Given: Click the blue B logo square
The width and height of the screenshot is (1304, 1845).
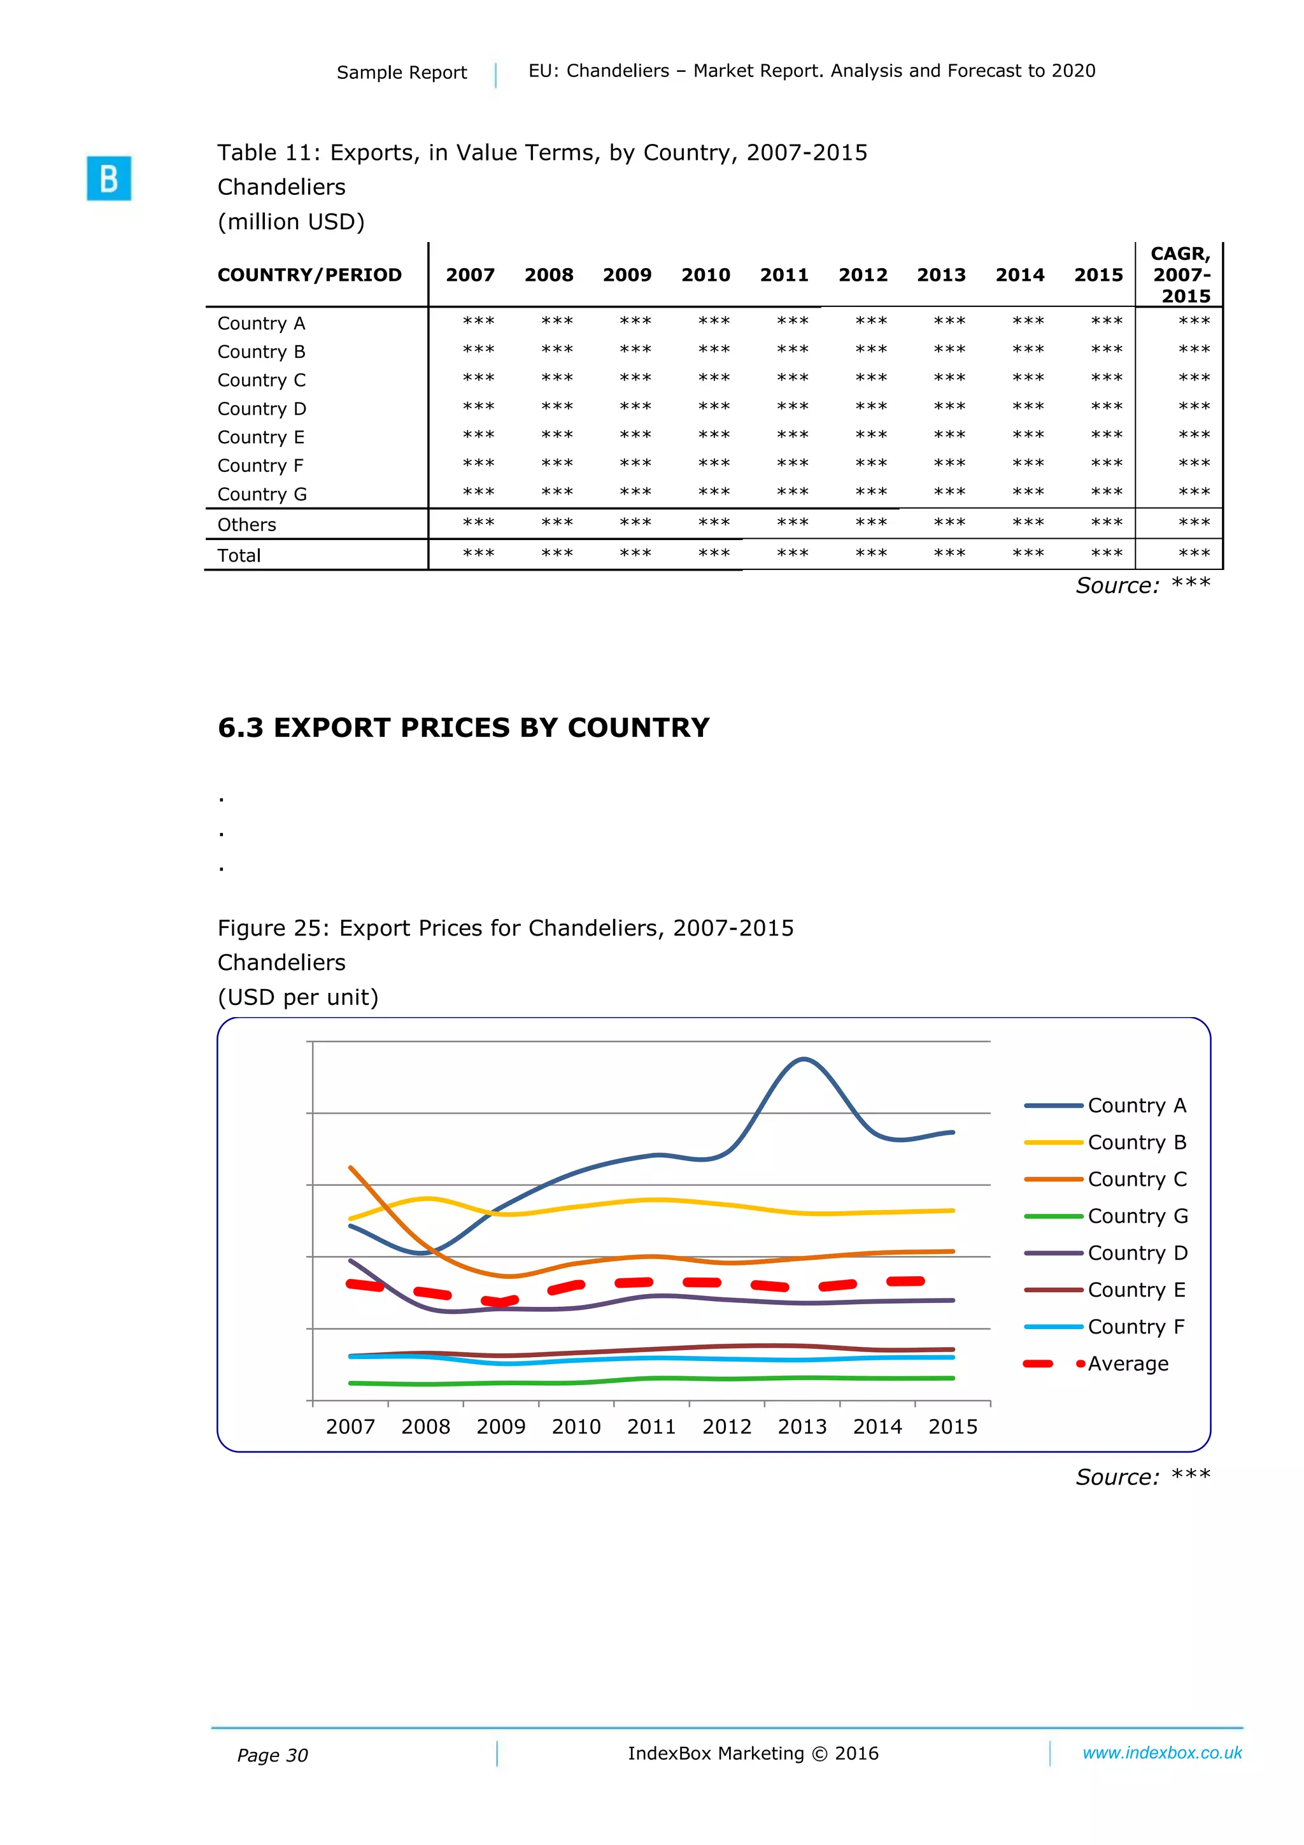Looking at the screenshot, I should point(108,178).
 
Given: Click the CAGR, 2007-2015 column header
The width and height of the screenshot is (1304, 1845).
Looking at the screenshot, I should point(1180,275).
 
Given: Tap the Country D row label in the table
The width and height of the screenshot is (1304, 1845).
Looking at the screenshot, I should point(261,409).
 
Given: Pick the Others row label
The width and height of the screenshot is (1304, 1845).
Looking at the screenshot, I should point(246,525).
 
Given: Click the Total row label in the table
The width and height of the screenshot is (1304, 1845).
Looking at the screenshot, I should point(239,555).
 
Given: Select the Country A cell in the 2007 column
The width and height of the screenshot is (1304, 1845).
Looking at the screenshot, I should point(478,322).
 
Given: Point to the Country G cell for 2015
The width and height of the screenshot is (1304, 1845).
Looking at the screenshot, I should point(1107,492).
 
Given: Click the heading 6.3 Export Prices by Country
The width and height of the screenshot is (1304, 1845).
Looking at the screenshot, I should point(464,727).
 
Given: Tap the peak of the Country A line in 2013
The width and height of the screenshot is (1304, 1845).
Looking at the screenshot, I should point(804,1059).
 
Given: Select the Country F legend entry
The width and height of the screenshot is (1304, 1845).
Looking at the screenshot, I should point(1135,1327).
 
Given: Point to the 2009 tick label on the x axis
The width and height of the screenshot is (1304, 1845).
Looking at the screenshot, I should point(500,1427).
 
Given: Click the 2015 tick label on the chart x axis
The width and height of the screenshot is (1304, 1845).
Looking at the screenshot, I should point(953,1427).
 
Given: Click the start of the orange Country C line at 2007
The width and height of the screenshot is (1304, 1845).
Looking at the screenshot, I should point(351,1167).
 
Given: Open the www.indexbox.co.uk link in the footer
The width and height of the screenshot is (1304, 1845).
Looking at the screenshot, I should point(1162,1753).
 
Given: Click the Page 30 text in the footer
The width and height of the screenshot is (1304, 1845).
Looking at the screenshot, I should point(273,1756).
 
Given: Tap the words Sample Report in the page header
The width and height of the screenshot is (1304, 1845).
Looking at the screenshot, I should point(402,73).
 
